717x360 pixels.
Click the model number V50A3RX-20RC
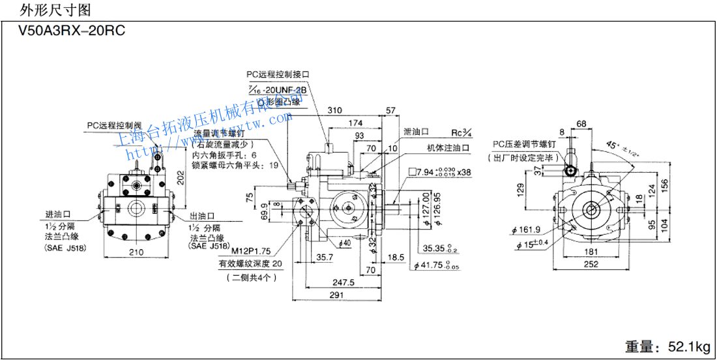(64, 30)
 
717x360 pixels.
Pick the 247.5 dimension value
(338, 282)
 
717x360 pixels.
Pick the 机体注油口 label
(449, 148)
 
